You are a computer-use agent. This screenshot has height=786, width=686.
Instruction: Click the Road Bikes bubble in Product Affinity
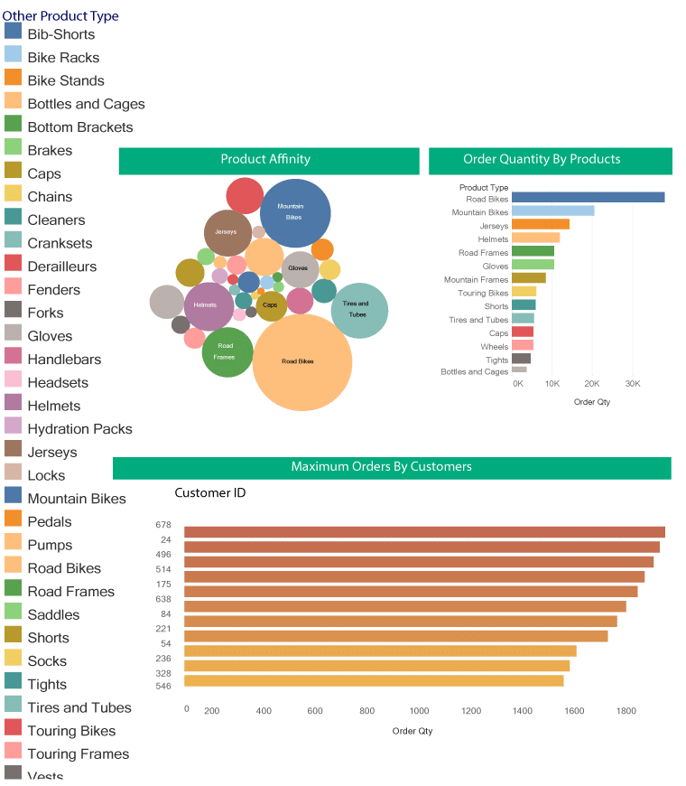301,361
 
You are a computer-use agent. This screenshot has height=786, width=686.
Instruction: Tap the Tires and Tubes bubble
359,310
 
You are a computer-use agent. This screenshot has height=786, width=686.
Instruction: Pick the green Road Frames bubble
227,351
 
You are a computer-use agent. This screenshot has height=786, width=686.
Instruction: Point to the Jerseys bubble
227,232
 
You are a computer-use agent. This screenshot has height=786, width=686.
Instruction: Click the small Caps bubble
271,305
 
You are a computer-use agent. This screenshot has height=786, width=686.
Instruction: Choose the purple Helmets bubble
208,305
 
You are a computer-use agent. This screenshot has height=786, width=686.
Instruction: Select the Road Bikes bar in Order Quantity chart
588,197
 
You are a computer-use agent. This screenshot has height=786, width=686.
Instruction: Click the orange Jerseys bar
541,224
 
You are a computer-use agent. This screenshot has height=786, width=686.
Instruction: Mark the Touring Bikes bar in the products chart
524,291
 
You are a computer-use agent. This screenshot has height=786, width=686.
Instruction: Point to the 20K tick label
592,384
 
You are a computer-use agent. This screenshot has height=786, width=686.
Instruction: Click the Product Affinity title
265,160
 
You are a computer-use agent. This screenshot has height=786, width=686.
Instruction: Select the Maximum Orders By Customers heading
381,467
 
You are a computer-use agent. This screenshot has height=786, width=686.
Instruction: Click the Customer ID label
209,493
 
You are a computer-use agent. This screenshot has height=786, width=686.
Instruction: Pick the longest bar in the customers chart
424,532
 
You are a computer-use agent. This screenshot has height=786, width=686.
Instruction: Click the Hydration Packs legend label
79,429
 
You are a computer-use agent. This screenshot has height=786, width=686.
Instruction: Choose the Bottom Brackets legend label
79,127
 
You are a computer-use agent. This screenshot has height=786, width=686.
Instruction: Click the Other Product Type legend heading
60,16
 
